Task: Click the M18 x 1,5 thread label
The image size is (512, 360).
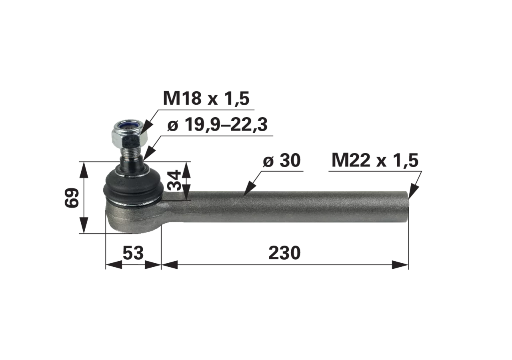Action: pyautogui.click(x=206, y=98)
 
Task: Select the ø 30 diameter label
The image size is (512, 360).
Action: pyautogui.click(x=282, y=160)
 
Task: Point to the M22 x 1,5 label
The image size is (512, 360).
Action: pyautogui.click(x=375, y=160)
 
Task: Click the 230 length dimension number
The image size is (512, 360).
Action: pyautogui.click(x=284, y=253)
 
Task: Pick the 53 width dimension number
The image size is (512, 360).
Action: pyautogui.click(x=133, y=253)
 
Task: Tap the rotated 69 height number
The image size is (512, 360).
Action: pyautogui.click(x=72, y=198)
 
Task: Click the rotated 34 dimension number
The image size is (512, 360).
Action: pyautogui.click(x=174, y=180)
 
